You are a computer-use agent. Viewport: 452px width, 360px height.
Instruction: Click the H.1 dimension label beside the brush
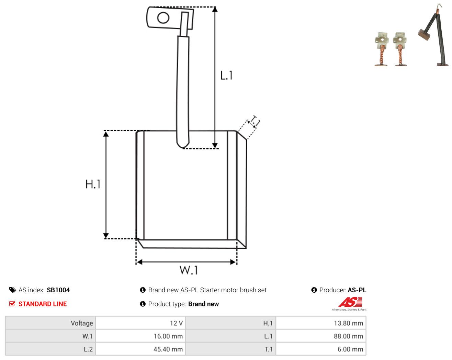[x=93, y=184]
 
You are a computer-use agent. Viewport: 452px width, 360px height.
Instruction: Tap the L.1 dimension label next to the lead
[x=226, y=75]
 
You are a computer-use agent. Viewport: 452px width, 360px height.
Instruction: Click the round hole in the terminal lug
[x=163, y=18]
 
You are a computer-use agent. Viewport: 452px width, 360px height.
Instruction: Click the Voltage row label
[x=82, y=323]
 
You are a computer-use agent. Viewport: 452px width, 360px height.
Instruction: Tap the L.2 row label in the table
[x=88, y=349]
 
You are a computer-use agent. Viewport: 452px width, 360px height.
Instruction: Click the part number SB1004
[x=58, y=290]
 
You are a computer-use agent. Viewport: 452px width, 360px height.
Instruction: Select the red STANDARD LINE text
[x=43, y=304]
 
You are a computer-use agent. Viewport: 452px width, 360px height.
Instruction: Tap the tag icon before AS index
[x=13, y=290]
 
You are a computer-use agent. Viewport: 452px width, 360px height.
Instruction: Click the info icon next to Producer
[x=314, y=290]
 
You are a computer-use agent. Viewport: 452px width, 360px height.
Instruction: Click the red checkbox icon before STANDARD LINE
[x=12, y=304]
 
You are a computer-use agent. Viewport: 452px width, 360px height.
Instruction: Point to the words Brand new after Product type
[x=204, y=304]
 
